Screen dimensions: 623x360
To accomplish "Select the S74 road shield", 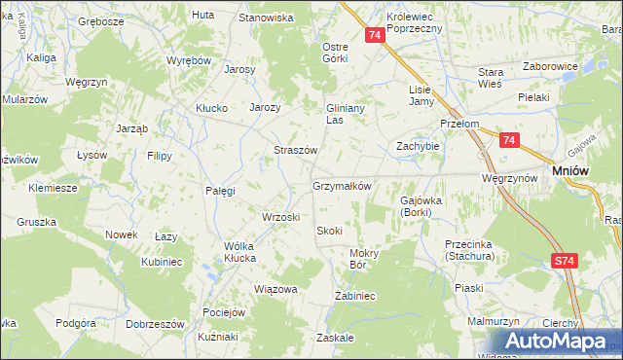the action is pos(565,261).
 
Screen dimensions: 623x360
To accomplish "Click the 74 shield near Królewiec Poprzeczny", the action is pos(375,35).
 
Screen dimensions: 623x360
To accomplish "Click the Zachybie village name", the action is pos(418,146).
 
